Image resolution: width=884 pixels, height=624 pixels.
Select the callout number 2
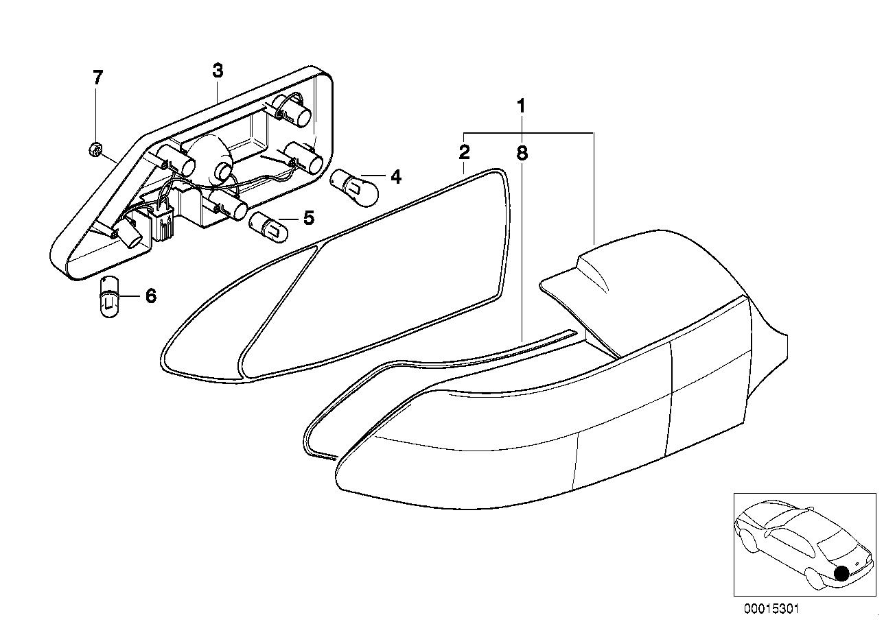tap(464, 152)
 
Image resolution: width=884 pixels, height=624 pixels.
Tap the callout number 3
tap(218, 71)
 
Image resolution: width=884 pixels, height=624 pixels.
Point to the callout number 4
tap(396, 177)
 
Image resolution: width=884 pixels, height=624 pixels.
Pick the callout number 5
tap(309, 218)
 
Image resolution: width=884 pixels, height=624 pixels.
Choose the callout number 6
tap(151, 296)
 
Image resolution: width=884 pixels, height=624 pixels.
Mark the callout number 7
tap(97, 77)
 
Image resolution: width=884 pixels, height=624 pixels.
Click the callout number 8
tap(522, 153)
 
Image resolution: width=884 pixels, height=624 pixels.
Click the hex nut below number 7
tap(95, 150)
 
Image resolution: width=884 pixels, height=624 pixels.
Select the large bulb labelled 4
tap(354, 188)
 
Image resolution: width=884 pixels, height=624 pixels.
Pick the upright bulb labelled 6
tap(109, 297)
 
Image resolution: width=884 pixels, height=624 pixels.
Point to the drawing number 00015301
tap(771, 609)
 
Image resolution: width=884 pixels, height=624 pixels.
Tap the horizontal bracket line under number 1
tap(529, 132)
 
